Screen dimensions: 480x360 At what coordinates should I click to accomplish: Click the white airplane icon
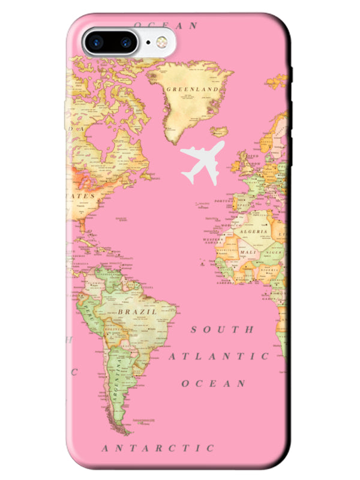202,161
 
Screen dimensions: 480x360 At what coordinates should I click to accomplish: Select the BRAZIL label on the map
137,312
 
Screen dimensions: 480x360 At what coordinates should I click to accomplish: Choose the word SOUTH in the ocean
222,329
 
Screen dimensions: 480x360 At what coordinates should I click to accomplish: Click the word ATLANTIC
218,356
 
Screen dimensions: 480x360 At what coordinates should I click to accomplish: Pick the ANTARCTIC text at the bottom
158,448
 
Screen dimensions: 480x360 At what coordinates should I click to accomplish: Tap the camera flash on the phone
161,43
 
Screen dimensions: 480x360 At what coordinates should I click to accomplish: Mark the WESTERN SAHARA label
214,240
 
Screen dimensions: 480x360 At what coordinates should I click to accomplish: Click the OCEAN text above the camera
166,26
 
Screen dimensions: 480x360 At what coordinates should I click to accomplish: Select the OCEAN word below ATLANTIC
214,383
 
